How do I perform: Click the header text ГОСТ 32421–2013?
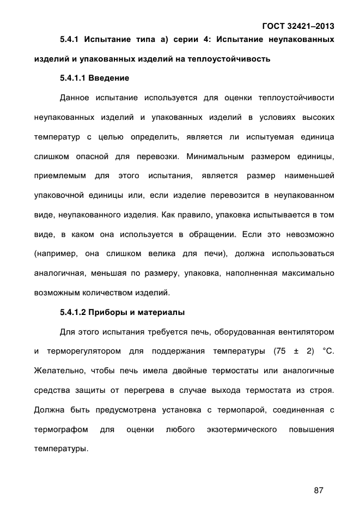(298, 26)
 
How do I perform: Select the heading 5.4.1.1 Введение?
(95, 78)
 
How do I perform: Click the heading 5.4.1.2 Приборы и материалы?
(123, 313)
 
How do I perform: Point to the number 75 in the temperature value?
(280, 351)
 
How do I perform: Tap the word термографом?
(61, 430)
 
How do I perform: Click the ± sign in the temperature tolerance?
(300, 351)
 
